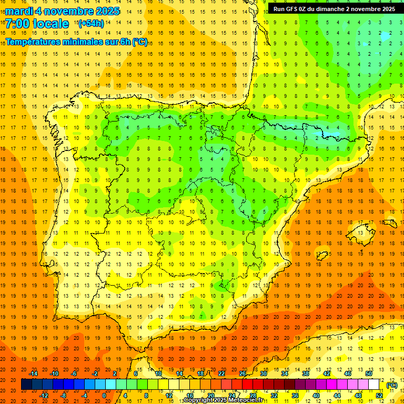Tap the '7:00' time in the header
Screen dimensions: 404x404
18,24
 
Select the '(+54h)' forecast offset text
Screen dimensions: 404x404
91,24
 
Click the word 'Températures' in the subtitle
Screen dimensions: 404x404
34,42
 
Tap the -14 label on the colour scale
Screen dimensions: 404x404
34,373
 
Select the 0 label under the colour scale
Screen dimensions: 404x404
104,396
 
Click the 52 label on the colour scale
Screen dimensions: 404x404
379,396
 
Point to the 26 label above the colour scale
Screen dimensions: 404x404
243,373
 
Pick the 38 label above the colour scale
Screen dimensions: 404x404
305,373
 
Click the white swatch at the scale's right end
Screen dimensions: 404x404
373,385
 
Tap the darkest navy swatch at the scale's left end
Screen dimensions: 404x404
26,385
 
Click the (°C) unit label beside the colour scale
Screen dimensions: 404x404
391,385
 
